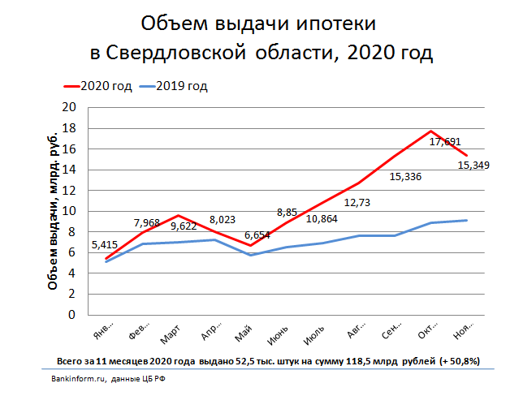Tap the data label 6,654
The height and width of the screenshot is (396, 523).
(257, 235)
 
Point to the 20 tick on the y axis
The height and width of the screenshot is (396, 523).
(70, 107)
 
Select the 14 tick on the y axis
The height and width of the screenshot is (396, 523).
(70, 170)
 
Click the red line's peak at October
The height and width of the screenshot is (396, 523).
(430, 131)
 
